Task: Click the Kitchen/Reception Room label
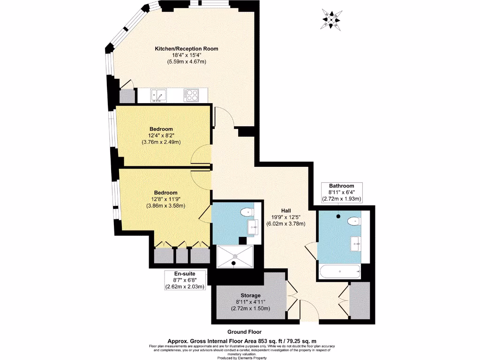tap(187, 49)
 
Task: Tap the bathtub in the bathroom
tap(339, 270)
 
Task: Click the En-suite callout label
tap(184, 273)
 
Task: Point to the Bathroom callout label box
tap(341, 192)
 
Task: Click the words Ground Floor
tap(244, 331)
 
